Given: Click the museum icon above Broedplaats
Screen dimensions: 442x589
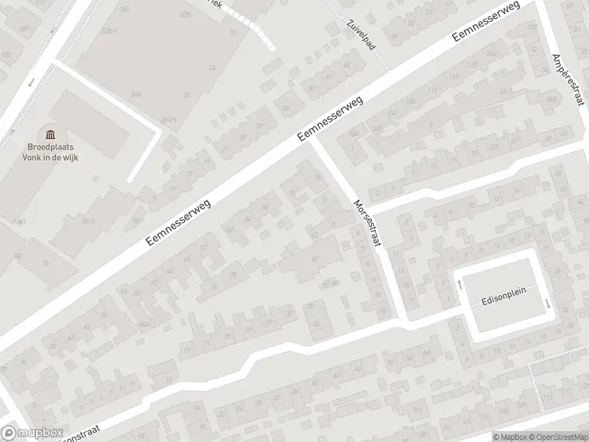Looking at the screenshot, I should pos(50,133).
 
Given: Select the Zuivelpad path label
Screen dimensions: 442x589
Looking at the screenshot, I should pos(361,32).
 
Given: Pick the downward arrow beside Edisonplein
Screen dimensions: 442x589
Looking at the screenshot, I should pos(546,304).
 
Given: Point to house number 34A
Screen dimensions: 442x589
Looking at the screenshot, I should pos(136,94).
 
